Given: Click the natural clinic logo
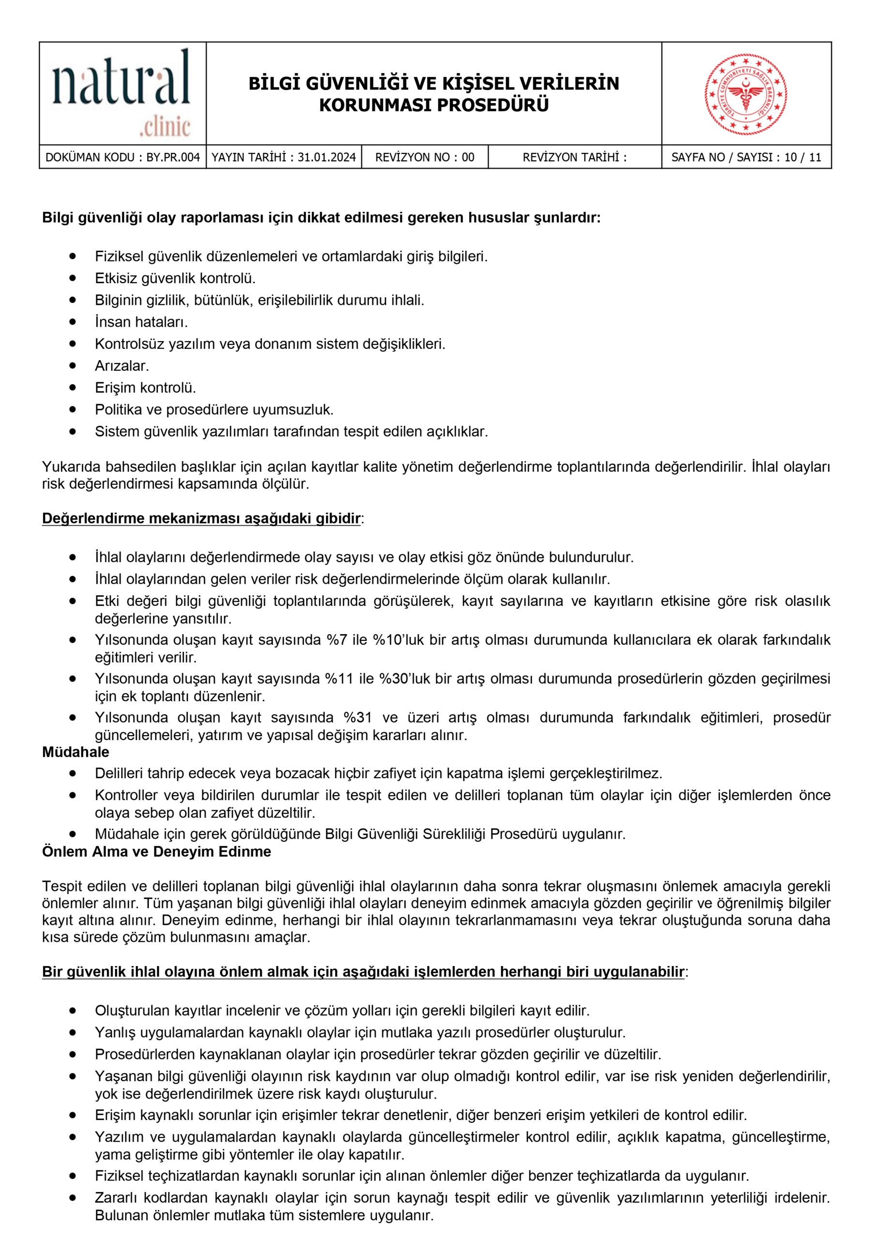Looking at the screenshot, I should [122, 93].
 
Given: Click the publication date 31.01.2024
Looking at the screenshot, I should [326, 158].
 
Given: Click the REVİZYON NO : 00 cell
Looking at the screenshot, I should [425, 158].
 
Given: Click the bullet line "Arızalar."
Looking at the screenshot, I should [122, 366].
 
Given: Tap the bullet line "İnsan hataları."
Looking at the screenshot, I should [141, 322].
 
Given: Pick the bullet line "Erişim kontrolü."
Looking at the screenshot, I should [145, 388].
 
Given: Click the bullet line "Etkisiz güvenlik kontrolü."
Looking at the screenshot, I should [175, 278].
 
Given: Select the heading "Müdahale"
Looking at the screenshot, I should [75, 752].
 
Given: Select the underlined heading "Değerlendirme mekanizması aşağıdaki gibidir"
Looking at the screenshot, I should [201, 518].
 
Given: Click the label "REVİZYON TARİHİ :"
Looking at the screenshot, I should [575, 158].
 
